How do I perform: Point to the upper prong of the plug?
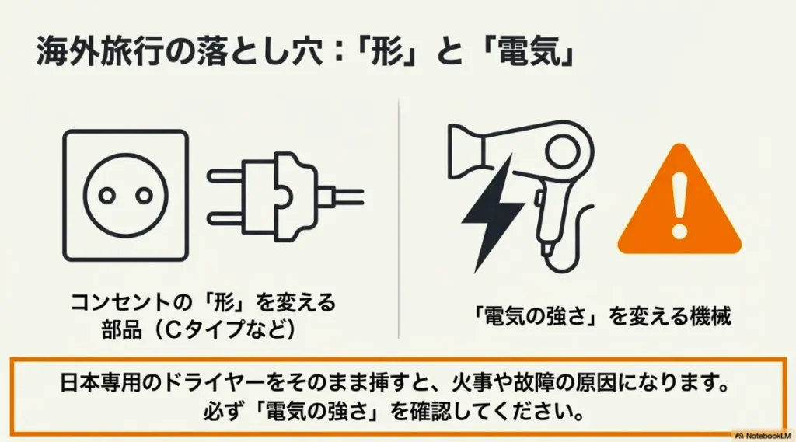225,176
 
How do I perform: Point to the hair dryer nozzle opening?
459,148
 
